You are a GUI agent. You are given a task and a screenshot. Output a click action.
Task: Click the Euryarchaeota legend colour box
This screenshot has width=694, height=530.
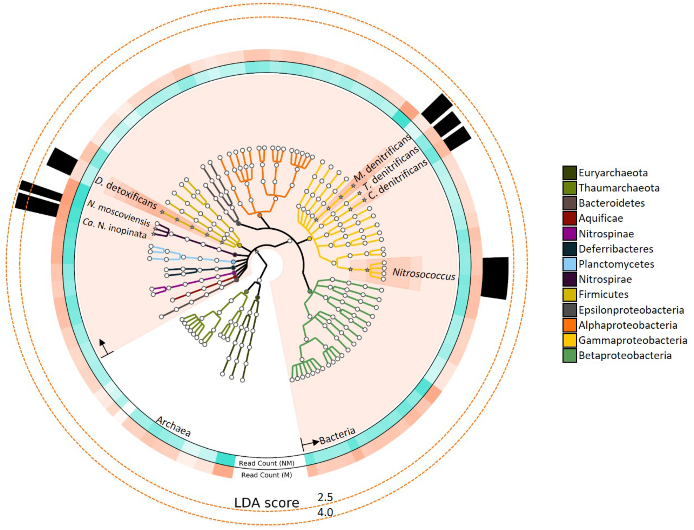point(569,172)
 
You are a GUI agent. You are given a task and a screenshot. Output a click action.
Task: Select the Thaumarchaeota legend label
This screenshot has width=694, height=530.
point(619,188)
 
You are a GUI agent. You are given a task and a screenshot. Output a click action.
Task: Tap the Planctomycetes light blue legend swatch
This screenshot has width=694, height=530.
point(569,264)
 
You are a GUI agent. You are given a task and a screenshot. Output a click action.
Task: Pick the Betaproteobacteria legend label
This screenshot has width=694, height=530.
point(625,356)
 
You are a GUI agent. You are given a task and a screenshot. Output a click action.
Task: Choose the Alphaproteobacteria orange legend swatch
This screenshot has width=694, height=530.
point(569,325)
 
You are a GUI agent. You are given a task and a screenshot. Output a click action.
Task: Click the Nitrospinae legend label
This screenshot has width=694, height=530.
point(606,234)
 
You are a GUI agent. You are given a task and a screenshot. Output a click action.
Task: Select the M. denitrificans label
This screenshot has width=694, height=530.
point(383,158)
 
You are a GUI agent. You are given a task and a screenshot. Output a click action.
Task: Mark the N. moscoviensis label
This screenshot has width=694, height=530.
point(119,213)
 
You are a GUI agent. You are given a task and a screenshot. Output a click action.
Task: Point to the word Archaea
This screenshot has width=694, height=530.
point(173,426)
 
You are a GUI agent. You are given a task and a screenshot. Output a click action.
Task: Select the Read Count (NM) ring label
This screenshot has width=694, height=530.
point(266,463)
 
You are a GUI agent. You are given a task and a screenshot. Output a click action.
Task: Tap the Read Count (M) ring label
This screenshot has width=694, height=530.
point(266,475)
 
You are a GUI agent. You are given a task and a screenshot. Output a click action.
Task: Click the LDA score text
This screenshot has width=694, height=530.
point(266,502)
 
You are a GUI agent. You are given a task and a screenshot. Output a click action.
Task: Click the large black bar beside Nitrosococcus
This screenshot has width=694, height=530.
point(494,277)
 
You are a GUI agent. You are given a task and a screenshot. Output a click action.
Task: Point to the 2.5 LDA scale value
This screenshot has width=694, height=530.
point(325,497)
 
